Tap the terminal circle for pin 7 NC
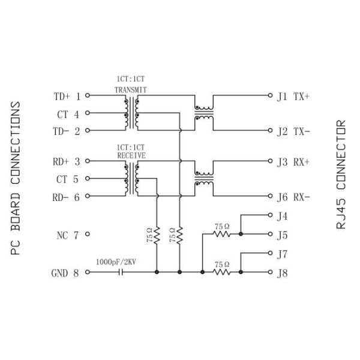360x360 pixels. point(88,235)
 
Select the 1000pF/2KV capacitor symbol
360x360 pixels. point(122,272)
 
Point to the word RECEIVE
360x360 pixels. point(131,154)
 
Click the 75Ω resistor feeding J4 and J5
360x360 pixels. point(222,234)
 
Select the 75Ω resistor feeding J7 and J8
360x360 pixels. point(222,272)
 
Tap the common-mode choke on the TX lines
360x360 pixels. point(203,113)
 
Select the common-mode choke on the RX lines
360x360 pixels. point(203,179)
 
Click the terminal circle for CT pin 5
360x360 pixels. point(88,179)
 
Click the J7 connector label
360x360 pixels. point(283,254)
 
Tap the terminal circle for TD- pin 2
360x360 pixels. point(88,130)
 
